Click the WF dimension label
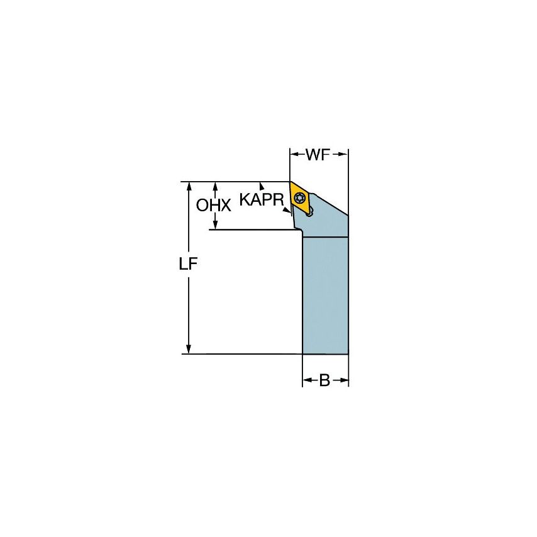pos(318,155)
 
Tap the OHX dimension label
pos(214,205)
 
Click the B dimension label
pos(324,380)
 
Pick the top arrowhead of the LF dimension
pos(188,187)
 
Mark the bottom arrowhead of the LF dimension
pos(188,349)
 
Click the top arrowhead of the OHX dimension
pos(216,187)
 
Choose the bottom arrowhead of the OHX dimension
pos(216,225)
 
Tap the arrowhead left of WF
pos(294,154)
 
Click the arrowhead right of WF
pos(343,154)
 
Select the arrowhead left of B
pos(307,380)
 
